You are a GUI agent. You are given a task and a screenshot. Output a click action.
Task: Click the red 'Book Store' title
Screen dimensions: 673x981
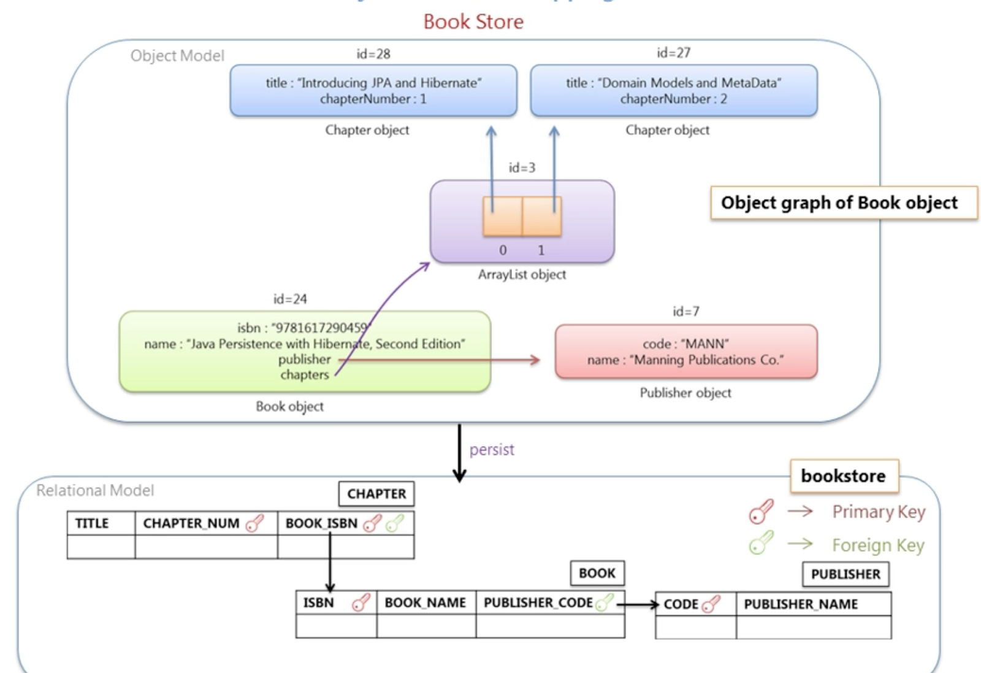click(x=473, y=22)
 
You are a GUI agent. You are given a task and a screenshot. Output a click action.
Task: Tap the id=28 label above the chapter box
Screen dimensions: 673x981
click(x=373, y=54)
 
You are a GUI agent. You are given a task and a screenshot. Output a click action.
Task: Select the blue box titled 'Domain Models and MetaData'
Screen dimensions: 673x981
click(x=673, y=90)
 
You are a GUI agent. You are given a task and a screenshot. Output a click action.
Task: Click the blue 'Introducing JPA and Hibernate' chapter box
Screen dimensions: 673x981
click(x=373, y=90)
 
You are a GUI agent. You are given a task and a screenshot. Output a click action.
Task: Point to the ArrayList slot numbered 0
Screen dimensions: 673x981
click(x=503, y=217)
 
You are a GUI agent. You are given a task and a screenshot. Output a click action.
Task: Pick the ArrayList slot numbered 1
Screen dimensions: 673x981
click(x=542, y=217)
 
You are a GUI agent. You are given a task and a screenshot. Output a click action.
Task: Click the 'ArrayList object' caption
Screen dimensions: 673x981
click(x=522, y=275)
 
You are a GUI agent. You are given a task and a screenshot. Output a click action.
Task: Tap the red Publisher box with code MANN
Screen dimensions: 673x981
click(x=685, y=352)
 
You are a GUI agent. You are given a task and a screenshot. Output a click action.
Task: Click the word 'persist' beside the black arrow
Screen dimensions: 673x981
click(x=492, y=450)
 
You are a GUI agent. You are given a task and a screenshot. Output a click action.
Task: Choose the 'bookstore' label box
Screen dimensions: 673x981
click(x=844, y=476)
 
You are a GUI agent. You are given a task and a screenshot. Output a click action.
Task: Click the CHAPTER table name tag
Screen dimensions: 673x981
click(x=376, y=494)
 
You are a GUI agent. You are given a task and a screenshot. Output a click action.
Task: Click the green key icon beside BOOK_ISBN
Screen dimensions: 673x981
click(x=395, y=523)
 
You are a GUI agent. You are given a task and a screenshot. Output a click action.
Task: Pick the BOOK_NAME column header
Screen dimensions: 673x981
click(x=426, y=603)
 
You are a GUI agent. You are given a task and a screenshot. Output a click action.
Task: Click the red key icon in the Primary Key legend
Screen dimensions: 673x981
click(x=761, y=512)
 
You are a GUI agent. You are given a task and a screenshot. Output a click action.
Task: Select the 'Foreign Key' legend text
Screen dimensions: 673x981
click(x=878, y=545)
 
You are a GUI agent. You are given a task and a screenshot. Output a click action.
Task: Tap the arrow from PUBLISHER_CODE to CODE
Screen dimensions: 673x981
click(x=638, y=605)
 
